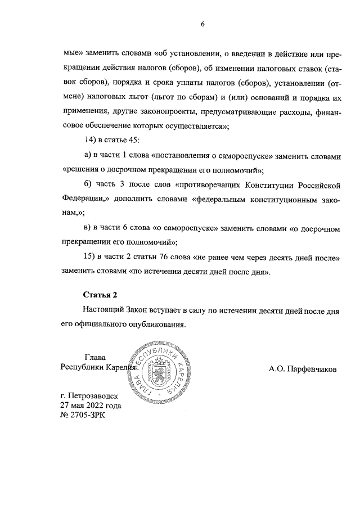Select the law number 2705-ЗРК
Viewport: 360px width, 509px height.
(x=87, y=416)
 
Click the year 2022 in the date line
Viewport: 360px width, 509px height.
(x=94, y=406)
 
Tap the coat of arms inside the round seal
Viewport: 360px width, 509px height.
(x=157, y=372)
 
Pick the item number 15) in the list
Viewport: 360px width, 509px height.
(x=90, y=258)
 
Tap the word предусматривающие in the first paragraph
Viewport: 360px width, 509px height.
(x=230, y=111)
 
